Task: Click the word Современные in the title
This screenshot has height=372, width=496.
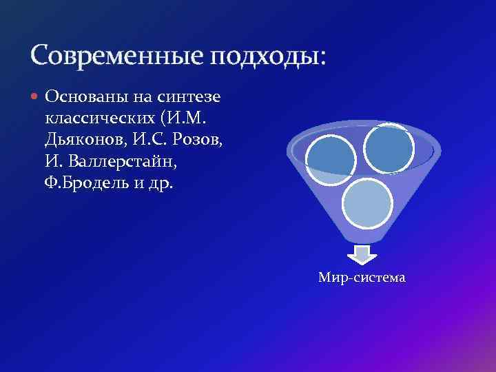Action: (117, 54)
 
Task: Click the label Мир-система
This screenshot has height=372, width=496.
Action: (362, 278)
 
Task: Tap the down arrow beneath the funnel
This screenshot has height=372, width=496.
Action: (358, 254)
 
